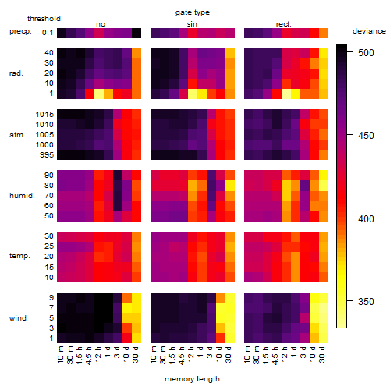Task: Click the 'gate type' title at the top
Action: (193, 12)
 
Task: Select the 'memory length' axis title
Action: (192, 379)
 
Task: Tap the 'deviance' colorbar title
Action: (369, 31)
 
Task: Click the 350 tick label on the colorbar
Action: (366, 301)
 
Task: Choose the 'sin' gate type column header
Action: (192, 24)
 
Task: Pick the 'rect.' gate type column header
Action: (283, 24)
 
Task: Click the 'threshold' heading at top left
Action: (44, 19)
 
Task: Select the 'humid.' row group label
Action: (22, 196)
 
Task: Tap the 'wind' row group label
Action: (18, 318)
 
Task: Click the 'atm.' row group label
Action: (17, 135)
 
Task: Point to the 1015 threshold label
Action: (44, 115)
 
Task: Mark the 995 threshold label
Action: (47, 155)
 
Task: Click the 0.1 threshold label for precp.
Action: (48, 33)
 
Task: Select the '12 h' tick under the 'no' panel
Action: (98, 354)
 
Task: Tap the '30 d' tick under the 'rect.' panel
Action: (323, 355)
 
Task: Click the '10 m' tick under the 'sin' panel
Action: (154, 355)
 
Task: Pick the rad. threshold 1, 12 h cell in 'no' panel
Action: (99, 94)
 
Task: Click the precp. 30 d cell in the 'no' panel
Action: (136, 33)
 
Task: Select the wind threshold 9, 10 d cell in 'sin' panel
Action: (221, 298)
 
